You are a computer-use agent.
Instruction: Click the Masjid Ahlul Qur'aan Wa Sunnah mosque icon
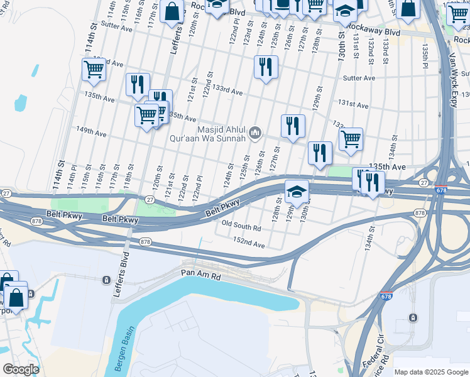click(255, 133)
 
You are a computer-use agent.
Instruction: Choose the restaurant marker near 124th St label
click(266, 66)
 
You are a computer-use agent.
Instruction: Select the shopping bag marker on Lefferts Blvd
click(172, 11)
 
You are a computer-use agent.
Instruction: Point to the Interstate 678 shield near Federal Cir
click(385, 295)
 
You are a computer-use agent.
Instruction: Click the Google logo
click(21, 369)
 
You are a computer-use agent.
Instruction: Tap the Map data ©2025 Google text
click(430, 372)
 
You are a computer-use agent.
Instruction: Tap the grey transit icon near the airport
click(413, 317)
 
